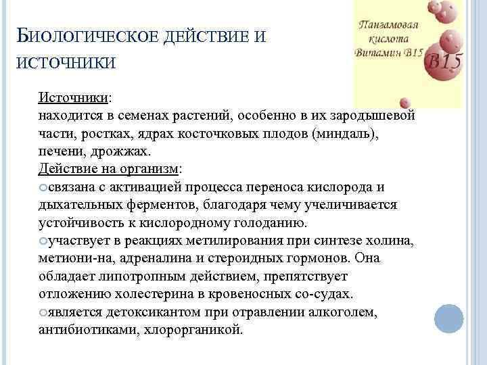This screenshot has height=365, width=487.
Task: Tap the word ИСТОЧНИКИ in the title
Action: pyautogui.click(x=64, y=63)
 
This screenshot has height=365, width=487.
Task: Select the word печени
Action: pyautogui.click(x=59, y=151)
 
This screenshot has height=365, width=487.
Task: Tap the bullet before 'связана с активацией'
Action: pyautogui.click(x=43, y=187)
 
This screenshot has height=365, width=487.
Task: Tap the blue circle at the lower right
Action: pyautogui.click(x=448, y=318)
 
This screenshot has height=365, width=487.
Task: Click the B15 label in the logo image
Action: pyautogui.click(x=444, y=62)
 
